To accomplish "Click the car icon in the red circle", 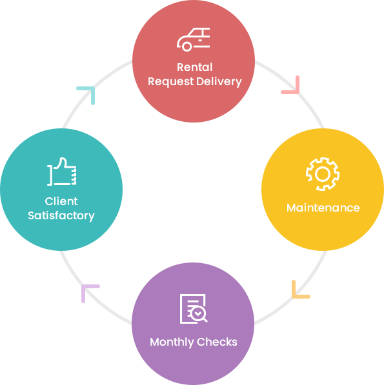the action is (194, 39).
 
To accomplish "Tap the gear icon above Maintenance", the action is (323, 174).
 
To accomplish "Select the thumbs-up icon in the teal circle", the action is (62, 172).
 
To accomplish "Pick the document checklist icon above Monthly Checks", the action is (194, 309).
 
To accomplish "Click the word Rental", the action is (194, 67).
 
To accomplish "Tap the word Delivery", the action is (219, 82).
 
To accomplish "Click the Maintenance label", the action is (323, 208).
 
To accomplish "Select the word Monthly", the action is (172, 342).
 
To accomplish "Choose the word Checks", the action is (217, 342).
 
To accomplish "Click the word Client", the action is (61, 201).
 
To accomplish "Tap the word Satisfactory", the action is (61, 216).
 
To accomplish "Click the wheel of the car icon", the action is (187, 46).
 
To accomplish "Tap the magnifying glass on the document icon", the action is (199, 314).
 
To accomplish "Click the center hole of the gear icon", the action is (323, 174).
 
